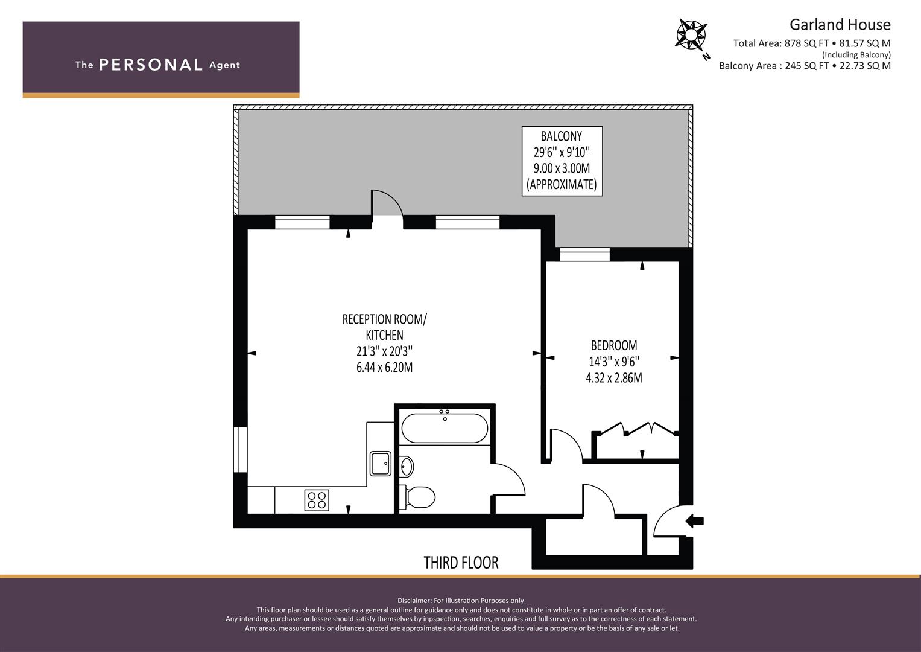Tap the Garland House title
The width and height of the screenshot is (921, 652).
[840, 25]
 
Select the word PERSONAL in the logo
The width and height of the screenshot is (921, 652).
[151, 65]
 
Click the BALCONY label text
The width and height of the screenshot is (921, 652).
[562, 136]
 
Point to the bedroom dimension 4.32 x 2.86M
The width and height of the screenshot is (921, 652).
[614, 377]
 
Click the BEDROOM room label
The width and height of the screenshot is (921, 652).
[614, 345]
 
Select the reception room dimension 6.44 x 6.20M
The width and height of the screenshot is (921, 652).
[384, 367]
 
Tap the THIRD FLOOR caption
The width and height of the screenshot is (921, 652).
[461, 563]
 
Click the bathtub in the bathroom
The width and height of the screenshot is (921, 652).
[445, 428]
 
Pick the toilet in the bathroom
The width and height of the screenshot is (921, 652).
[417, 497]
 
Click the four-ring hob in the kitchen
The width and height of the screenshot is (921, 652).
[317, 500]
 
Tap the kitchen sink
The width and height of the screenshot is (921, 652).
[381, 464]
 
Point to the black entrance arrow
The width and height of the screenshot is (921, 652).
[694, 521]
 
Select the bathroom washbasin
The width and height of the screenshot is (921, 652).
[407, 466]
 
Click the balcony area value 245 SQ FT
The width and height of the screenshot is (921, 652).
[806, 66]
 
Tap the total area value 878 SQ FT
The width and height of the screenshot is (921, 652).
[806, 43]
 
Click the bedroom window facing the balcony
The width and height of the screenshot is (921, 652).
[584, 254]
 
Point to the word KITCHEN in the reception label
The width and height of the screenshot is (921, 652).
[384, 335]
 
